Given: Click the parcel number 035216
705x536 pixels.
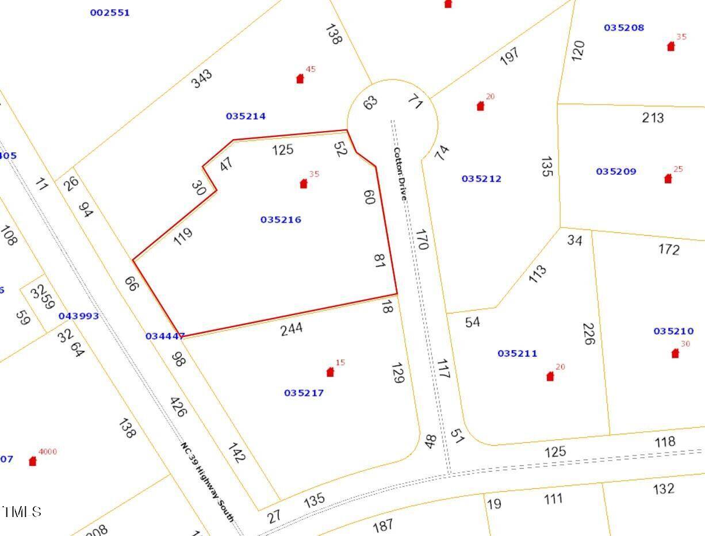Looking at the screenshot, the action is tap(281, 220).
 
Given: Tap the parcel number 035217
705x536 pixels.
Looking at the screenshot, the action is tap(304, 393).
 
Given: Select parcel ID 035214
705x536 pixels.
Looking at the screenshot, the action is tap(246, 116).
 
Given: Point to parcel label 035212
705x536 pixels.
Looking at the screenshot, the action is tap(481, 179).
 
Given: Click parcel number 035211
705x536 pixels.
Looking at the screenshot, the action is tap(517, 354).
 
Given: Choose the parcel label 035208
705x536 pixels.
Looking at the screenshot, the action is tap(624, 28).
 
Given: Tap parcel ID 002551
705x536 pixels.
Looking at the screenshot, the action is tap(110, 13).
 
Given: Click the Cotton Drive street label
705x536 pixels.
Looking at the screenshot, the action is tap(400, 173).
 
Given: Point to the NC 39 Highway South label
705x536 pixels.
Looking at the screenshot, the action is tap(207, 481).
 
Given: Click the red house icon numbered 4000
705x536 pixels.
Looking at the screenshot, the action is tap(33, 461).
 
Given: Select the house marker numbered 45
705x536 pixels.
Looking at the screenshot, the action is tap(300, 79).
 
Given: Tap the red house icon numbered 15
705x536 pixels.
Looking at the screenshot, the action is tap(330, 372).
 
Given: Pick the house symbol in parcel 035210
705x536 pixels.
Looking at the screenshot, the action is tap(675, 354).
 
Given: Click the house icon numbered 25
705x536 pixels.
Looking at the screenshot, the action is tap(668, 179).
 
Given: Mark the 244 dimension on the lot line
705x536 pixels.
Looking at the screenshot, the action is tap(292, 328).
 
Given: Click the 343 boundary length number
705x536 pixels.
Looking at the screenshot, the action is tap(202, 78).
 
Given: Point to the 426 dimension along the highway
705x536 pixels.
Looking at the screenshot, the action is tap(180, 407).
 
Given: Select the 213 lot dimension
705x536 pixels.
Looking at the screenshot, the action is tap(653, 118).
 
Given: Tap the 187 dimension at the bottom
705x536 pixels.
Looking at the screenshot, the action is tap(383, 524).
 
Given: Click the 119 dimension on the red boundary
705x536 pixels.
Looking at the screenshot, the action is tap(183, 236).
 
